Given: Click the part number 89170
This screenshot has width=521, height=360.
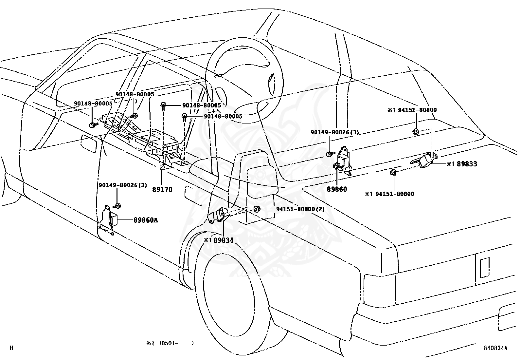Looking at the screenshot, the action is (162, 190).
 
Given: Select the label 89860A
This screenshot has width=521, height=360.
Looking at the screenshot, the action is (146, 220).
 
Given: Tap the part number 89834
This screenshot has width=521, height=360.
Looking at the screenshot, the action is (223, 240).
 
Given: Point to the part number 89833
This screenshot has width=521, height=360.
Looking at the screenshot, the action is (467, 164).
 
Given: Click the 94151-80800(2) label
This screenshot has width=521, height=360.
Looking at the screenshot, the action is (300, 209).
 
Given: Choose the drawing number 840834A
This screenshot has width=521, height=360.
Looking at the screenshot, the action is (496, 348).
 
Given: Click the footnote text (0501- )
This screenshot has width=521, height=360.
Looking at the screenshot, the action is (176, 343).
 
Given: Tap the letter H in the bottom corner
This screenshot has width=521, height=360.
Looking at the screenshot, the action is (11, 348).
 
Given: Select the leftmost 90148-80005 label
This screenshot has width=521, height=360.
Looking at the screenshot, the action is (93, 104).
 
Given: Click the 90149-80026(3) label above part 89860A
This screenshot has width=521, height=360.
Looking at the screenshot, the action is (123, 185).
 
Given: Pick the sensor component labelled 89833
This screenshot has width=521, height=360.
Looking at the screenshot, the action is (424, 160).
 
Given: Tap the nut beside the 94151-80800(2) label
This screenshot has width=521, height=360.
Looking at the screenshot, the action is (256, 209).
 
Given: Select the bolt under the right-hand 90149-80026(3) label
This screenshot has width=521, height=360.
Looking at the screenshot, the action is (330, 154).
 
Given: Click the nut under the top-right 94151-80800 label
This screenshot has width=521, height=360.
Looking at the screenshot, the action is (416, 132).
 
